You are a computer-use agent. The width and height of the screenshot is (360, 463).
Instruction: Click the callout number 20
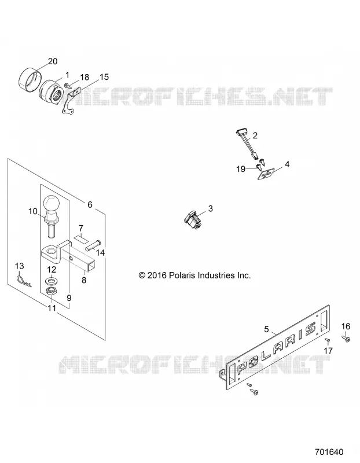click(53, 61)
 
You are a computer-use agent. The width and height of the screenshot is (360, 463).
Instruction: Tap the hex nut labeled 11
click(52, 292)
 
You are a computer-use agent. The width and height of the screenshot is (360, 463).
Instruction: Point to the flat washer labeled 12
click(52, 279)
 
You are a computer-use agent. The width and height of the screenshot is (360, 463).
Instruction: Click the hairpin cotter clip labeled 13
click(24, 281)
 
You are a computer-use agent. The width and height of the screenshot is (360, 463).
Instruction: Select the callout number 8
click(84, 280)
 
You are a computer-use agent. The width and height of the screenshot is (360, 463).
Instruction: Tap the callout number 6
click(90, 205)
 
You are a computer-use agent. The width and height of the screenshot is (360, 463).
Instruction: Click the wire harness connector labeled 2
click(247, 144)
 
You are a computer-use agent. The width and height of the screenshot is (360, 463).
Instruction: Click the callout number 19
click(241, 169)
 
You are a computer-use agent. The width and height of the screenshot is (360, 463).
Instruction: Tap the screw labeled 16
click(346, 338)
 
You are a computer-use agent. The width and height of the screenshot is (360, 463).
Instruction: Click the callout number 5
click(266, 329)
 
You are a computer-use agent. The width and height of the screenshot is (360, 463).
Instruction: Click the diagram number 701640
click(329, 452)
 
